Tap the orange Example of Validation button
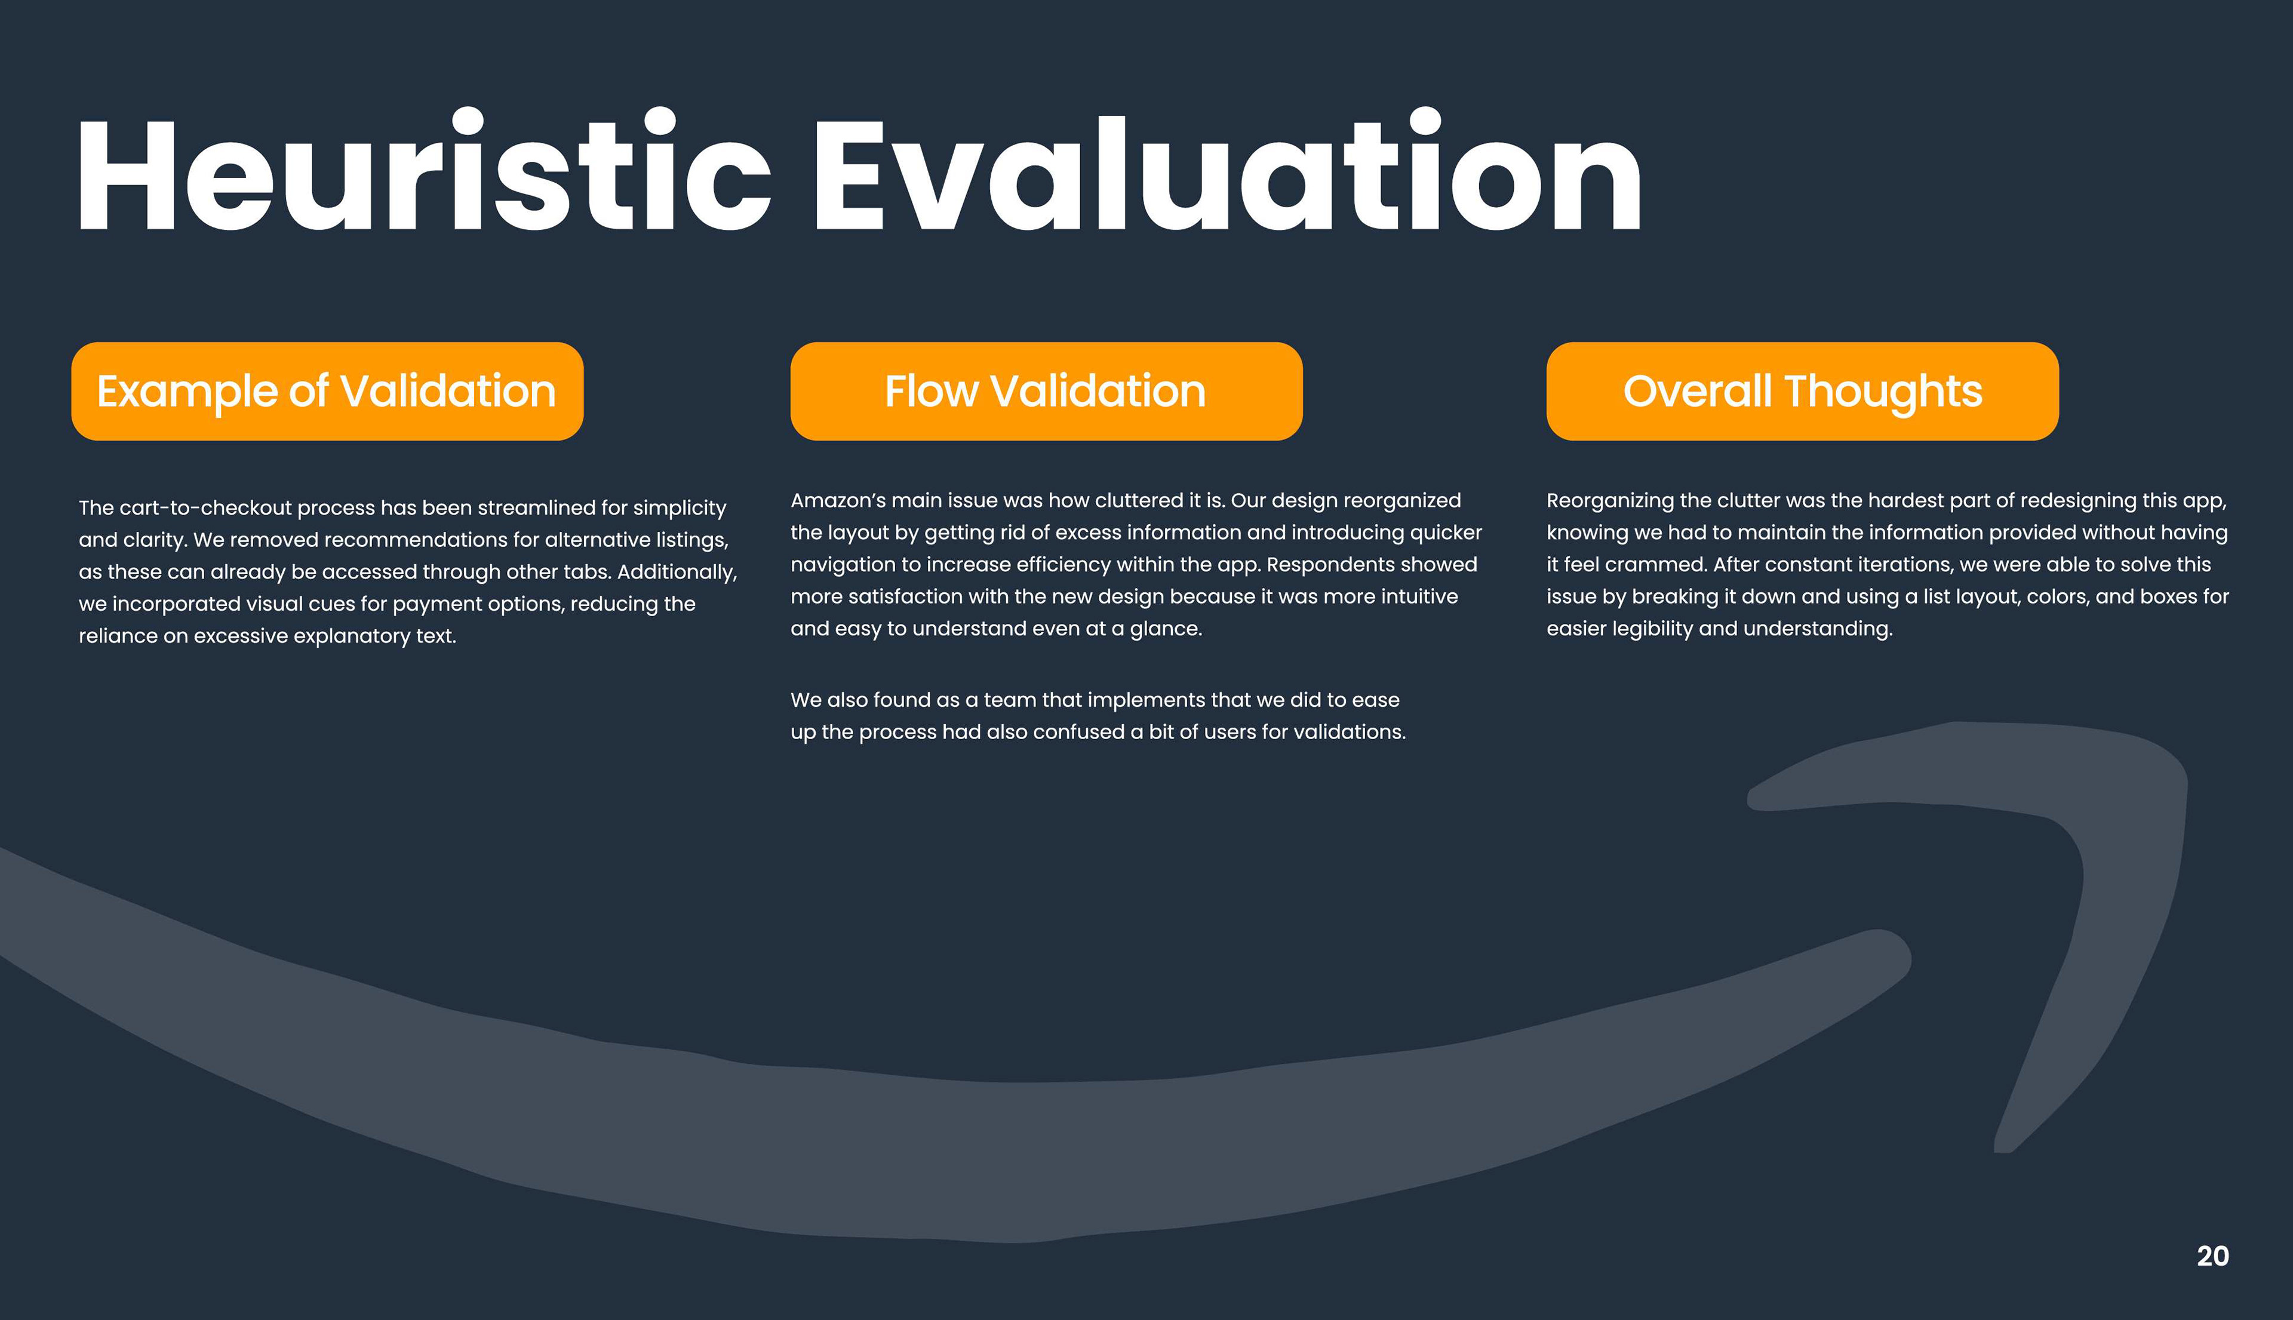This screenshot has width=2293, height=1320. (327, 392)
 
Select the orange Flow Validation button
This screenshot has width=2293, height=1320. (1046, 392)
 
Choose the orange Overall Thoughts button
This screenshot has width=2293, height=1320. (1803, 392)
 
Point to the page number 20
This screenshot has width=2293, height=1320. (2212, 1256)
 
